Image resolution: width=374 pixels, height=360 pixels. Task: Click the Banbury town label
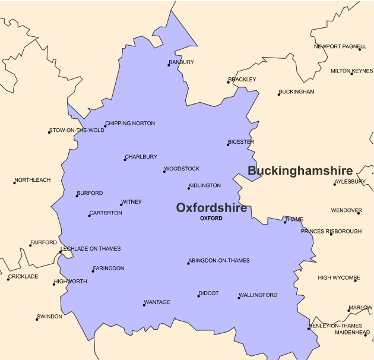[x=182, y=62]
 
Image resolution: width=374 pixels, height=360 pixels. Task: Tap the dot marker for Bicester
[x=228, y=145]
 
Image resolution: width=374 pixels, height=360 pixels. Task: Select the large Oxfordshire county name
[x=211, y=207]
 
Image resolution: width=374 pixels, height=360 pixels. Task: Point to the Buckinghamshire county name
[x=300, y=170]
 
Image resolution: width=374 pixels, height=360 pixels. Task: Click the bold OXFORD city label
[x=211, y=219]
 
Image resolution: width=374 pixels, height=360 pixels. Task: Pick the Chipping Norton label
[x=130, y=124]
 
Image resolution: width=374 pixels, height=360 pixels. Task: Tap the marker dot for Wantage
[x=144, y=305]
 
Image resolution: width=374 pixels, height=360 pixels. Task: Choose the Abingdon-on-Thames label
[x=219, y=260]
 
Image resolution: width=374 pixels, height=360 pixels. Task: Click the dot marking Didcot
[x=199, y=296]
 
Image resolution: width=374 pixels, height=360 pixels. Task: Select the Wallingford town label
[x=258, y=295]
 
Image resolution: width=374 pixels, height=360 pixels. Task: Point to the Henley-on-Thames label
[x=336, y=326]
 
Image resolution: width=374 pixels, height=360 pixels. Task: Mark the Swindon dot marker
[x=37, y=320]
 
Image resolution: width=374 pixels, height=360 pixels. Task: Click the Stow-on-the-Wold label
[x=77, y=130]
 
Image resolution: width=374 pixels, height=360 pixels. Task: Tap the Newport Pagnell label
[x=340, y=46]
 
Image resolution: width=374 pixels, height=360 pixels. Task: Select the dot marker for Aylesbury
[x=335, y=184]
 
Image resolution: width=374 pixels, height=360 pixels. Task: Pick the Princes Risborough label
[x=331, y=231]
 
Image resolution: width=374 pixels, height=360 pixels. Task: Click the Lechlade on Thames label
[x=91, y=249]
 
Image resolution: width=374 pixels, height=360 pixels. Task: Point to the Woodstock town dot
[x=164, y=172]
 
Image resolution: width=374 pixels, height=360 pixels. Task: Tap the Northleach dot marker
[x=14, y=183]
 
